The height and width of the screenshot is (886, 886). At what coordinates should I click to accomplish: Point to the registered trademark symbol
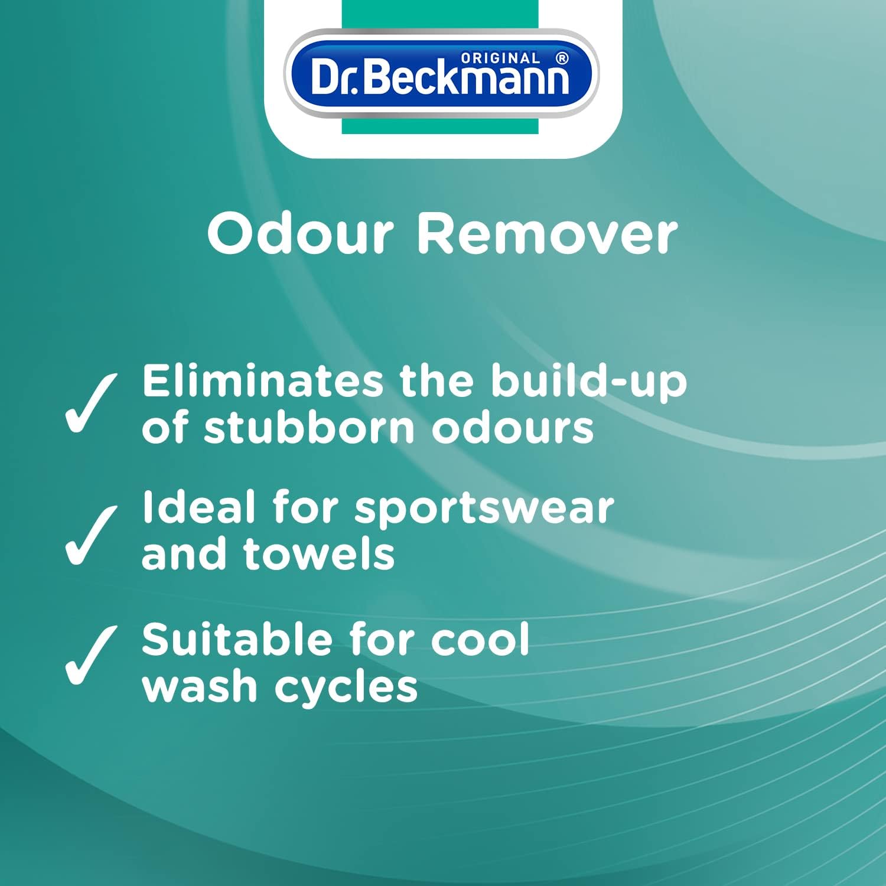pos(562,58)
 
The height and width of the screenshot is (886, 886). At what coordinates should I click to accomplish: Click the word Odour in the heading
pos(301,234)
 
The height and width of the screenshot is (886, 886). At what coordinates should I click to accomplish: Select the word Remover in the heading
pos(548,234)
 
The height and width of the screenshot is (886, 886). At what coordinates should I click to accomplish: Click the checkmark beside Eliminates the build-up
pos(90,403)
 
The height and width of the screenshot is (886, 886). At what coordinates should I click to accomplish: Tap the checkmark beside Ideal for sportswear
pos(90,535)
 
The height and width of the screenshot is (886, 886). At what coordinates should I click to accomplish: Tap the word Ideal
pos(198,507)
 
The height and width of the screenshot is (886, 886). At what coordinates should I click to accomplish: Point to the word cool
pos(480,640)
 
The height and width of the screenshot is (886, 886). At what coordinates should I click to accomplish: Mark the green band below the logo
pos(440,125)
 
